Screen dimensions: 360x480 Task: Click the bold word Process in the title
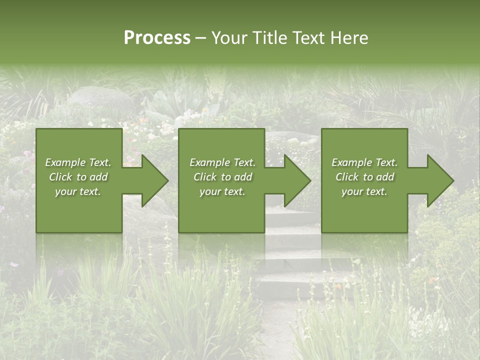pos(157,38)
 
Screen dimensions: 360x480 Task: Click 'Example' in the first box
pos(65,162)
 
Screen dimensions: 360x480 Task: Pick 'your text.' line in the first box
pos(78,191)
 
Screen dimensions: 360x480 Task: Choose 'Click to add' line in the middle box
pos(222,177)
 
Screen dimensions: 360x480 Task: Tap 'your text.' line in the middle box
pos(222,191)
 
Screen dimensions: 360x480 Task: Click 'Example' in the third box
pos(352,162)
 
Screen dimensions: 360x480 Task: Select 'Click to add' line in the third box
pos(364,177)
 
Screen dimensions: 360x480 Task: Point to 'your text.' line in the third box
pos(364,191)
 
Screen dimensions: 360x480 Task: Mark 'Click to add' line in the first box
pos(78,177)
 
